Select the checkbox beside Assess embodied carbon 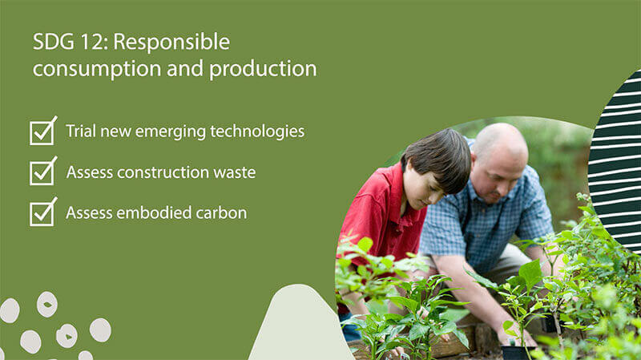(x=42, y=213)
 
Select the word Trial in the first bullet (x=80, y=131)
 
